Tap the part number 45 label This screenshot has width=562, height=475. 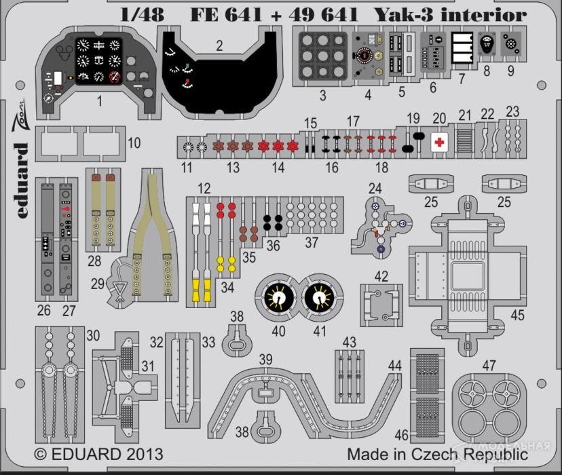click(517, 316)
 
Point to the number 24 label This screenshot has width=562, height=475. click(375, 187)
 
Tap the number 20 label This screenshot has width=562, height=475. click(439, 117)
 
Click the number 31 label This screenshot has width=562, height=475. click(147, 366)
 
